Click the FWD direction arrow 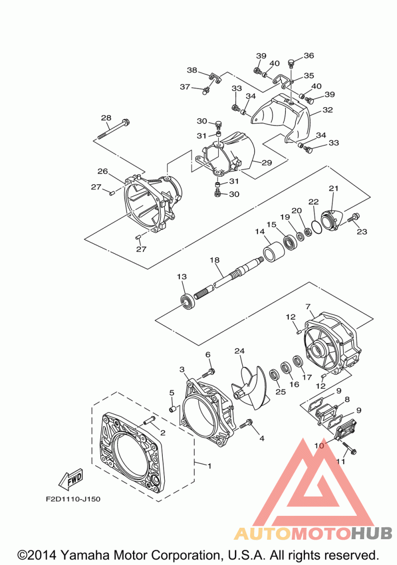[x=71, y=480]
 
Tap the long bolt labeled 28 [x=113, y=129]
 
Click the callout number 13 [x=182, y=277]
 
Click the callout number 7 [x=308, y=307]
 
